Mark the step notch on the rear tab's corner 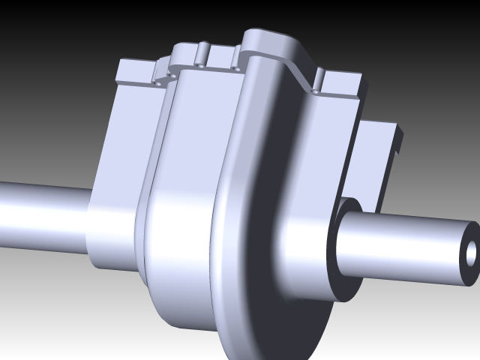[397, 139]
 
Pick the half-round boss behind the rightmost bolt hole [318, 76]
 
